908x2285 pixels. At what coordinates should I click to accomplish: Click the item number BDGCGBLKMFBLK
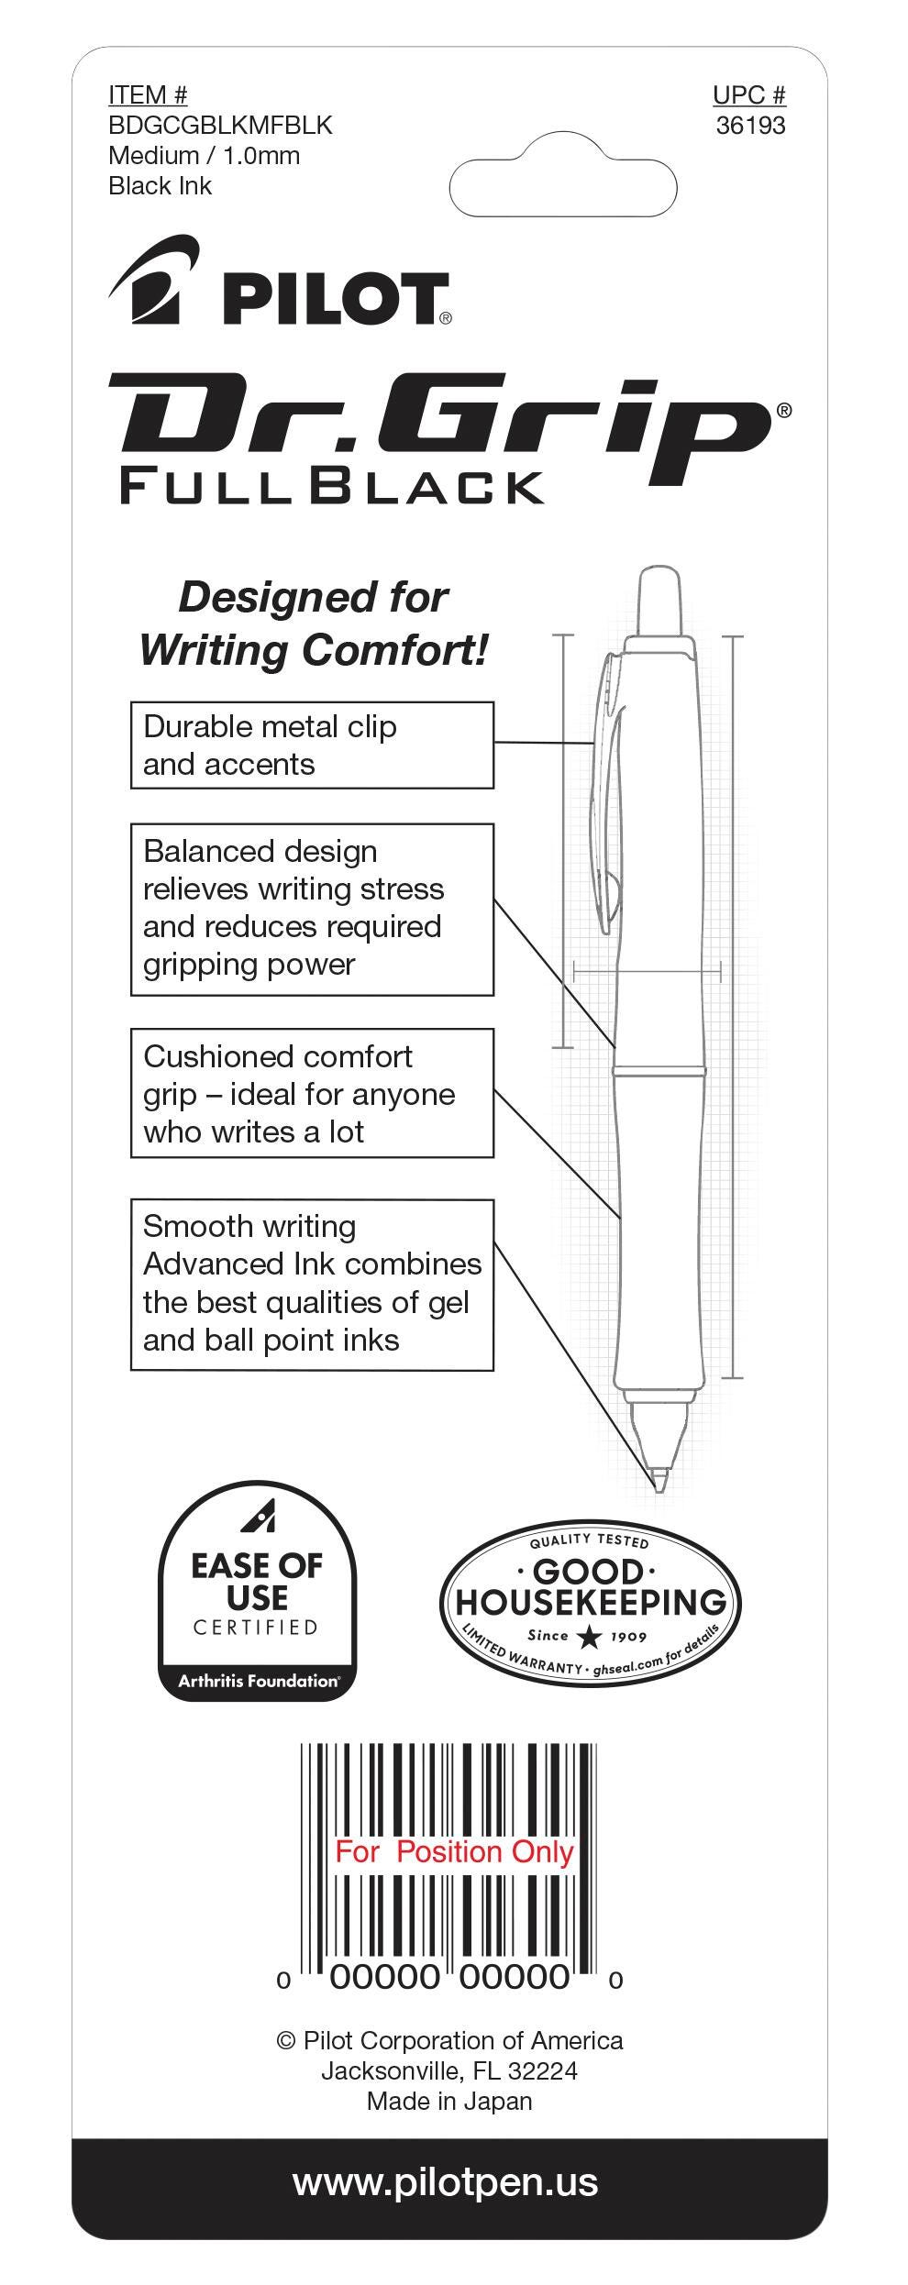point(220,125)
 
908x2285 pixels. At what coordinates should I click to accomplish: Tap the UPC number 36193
point(750,126)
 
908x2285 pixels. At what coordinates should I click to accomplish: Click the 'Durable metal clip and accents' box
point(312,745)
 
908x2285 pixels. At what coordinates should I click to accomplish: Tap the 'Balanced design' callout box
point(312,909)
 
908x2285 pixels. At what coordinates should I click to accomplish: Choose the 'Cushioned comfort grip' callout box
point(312,1093)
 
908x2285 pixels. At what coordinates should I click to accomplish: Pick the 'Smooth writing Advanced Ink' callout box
point(312,1284)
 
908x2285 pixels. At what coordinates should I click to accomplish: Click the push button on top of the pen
point(659,600)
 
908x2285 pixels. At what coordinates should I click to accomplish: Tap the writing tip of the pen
point(658,1478)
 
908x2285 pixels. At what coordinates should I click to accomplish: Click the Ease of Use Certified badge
point(258,1590)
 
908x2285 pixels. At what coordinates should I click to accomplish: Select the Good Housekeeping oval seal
point(590,1602)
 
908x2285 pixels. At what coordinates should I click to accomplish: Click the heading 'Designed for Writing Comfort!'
point(313,624)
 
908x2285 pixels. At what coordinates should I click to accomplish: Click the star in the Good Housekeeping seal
point(590,1637)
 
